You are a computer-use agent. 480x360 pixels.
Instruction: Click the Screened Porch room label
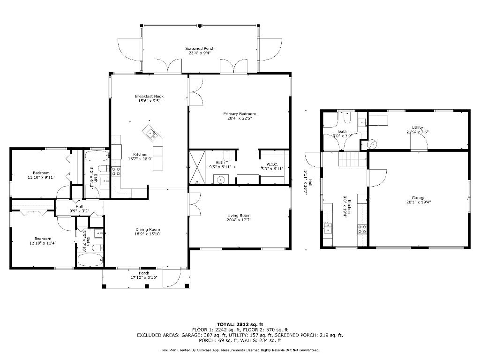pos(200,48)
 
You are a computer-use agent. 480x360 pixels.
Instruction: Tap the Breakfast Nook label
pos(150,96)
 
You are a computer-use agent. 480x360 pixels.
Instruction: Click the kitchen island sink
pos(151,135)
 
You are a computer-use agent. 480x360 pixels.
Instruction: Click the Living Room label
pos(239,216)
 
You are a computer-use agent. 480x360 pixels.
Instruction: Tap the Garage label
pos(419,198)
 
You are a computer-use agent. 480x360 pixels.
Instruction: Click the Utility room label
pos(418,127)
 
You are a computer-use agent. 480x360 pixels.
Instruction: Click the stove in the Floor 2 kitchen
pos(362,229)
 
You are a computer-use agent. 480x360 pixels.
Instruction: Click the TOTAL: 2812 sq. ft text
pos(240,324)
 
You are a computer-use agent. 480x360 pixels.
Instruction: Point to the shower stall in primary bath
pos(197,167)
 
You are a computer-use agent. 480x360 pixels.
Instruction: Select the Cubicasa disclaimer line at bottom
pos(240,350)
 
